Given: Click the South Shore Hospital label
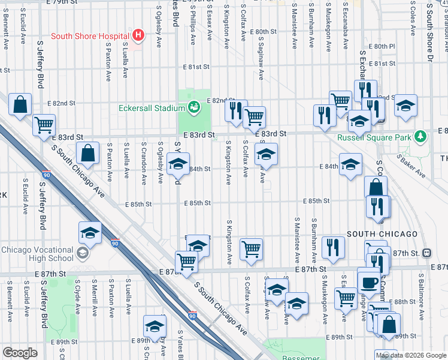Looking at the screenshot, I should [90, 36].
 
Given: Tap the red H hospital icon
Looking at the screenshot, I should [139, 35].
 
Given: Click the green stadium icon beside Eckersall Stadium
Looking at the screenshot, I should [194, 108].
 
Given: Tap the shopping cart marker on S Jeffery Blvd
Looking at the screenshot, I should [44, 125].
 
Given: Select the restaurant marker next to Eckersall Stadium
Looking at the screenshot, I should [236, 110].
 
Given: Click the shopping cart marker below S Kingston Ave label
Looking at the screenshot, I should [251, 248].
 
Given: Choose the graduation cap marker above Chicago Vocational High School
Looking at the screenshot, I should [90, 233].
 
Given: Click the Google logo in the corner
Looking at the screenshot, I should [20, 353].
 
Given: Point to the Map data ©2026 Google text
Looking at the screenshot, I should [410, 355].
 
